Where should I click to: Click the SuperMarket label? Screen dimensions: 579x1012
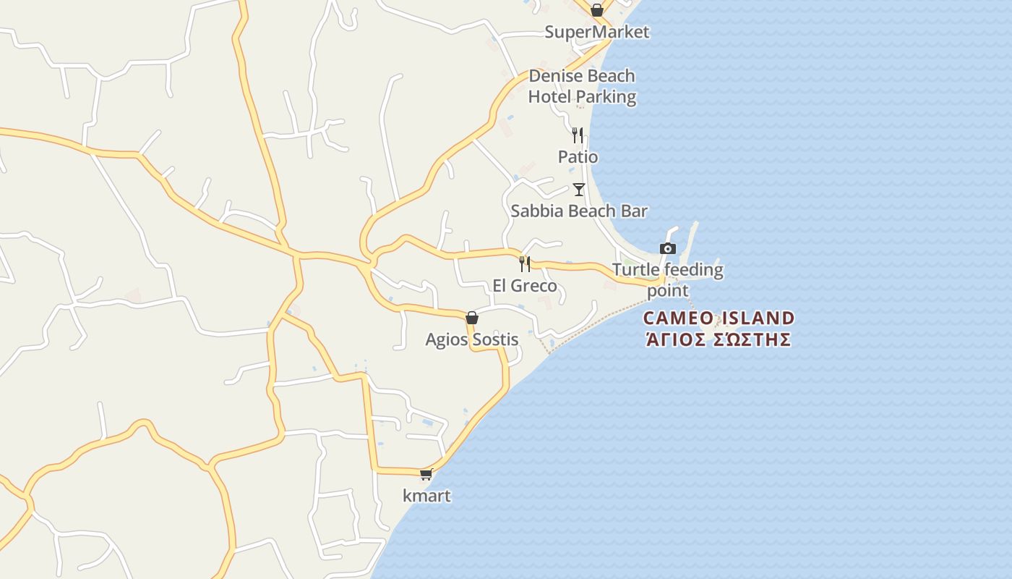(596, 32)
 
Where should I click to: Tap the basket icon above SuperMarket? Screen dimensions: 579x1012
(596, 10)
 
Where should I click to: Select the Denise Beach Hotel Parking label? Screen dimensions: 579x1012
(582, 86)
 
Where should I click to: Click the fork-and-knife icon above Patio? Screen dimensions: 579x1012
(577, 135)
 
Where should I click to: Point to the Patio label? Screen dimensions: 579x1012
(578, 156)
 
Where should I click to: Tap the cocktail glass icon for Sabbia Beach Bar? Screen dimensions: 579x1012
(578, 190)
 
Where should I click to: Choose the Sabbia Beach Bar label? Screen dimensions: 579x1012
(578, 211)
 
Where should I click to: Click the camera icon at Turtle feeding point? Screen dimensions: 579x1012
(668, 248)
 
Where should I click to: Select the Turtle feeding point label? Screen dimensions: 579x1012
(667, 280)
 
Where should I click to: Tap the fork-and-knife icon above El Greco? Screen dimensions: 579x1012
(525, 263)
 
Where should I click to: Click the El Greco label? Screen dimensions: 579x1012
(525, 286)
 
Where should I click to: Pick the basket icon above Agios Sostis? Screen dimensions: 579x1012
(472, 318)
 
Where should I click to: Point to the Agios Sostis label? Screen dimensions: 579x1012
(471, 339)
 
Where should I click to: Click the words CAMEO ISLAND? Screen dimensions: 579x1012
(719, 318)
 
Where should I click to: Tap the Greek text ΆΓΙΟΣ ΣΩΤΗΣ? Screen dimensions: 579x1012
(718, 339)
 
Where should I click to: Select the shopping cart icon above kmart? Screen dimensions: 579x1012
(426, 474)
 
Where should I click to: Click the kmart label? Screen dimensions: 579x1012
(426, 496)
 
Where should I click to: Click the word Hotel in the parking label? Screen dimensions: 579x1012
(549, 96)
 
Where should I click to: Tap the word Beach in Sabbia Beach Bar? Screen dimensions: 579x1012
(589, 211)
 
